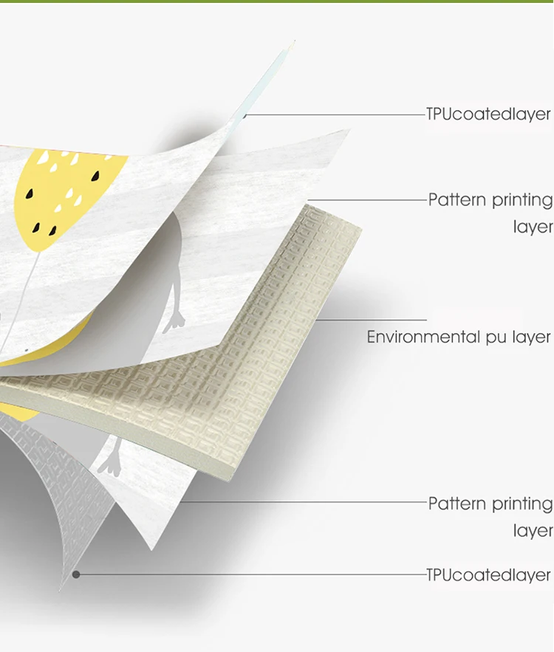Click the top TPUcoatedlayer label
click(x=488, y=114)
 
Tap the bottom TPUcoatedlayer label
click(x=488, y=575)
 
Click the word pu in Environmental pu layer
click(x=495, y=338)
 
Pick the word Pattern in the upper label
click(x=457, y=200)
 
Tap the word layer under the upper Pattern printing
click(x=533, y=227)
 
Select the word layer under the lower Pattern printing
click(x=533, y=531)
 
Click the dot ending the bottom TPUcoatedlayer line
click(x=75, y=574)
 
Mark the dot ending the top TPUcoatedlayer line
click(x=245, y=115)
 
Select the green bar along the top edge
click(x=277, y=1)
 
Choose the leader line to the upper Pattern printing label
click(x=369, y=200)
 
